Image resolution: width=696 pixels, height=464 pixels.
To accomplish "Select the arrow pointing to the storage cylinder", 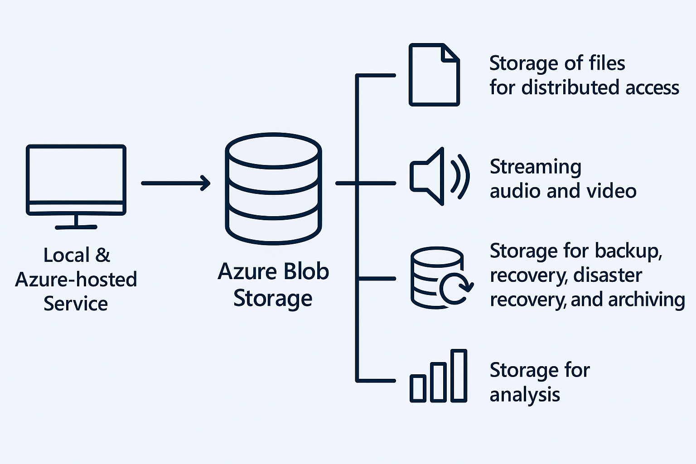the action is (176, 183).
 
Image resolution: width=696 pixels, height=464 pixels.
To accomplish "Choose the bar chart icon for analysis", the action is (439, 376).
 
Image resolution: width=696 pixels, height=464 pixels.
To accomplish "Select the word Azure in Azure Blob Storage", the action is (247, 271).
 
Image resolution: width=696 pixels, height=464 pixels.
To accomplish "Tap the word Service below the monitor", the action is (76, 303).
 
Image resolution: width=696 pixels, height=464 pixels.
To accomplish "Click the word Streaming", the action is (535, 168).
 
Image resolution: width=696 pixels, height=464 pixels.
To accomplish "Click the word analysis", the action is (525, 395).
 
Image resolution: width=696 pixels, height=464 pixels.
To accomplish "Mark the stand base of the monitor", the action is (76, 227).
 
